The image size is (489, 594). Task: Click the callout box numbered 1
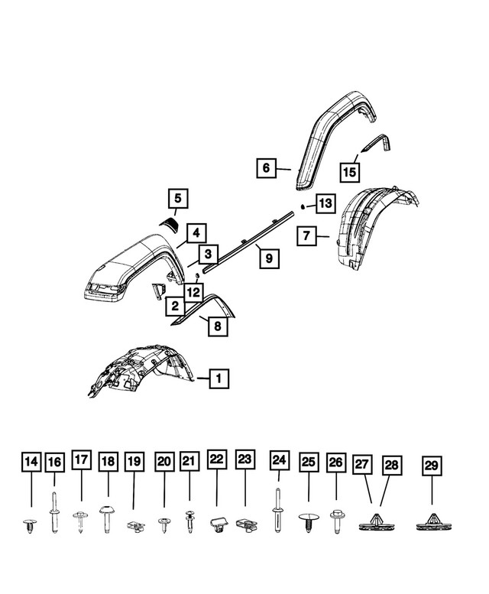tap(218, 378)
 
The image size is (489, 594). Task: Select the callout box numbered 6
tap(265, 167)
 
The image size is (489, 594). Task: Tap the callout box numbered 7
tap(306, 236)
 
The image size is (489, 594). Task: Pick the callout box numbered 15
tap(349, 172)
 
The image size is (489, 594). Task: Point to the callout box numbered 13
tap(325, 203)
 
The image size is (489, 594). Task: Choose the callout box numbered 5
tap(177, 200)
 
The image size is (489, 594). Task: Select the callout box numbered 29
tap(431, 466)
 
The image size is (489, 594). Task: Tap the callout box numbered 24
tap(279, 462)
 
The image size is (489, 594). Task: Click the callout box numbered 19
tap(134, 462)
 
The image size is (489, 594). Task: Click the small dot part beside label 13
tap(303, 206)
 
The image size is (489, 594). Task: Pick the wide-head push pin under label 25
tap(309, 521)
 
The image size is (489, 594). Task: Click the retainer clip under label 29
tap(431, 522)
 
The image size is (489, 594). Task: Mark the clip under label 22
tap(218, 524)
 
